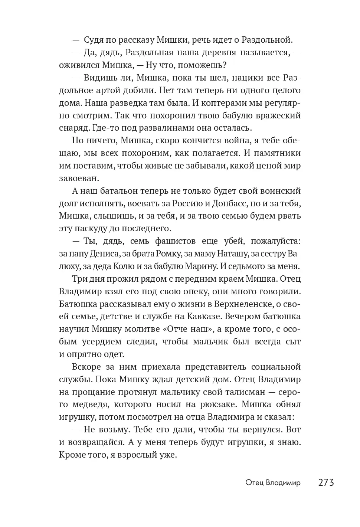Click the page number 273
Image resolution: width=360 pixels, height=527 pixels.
[326, 482]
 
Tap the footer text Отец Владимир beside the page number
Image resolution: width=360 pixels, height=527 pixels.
[273, 483]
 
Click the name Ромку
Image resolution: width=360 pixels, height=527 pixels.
[176, 253]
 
